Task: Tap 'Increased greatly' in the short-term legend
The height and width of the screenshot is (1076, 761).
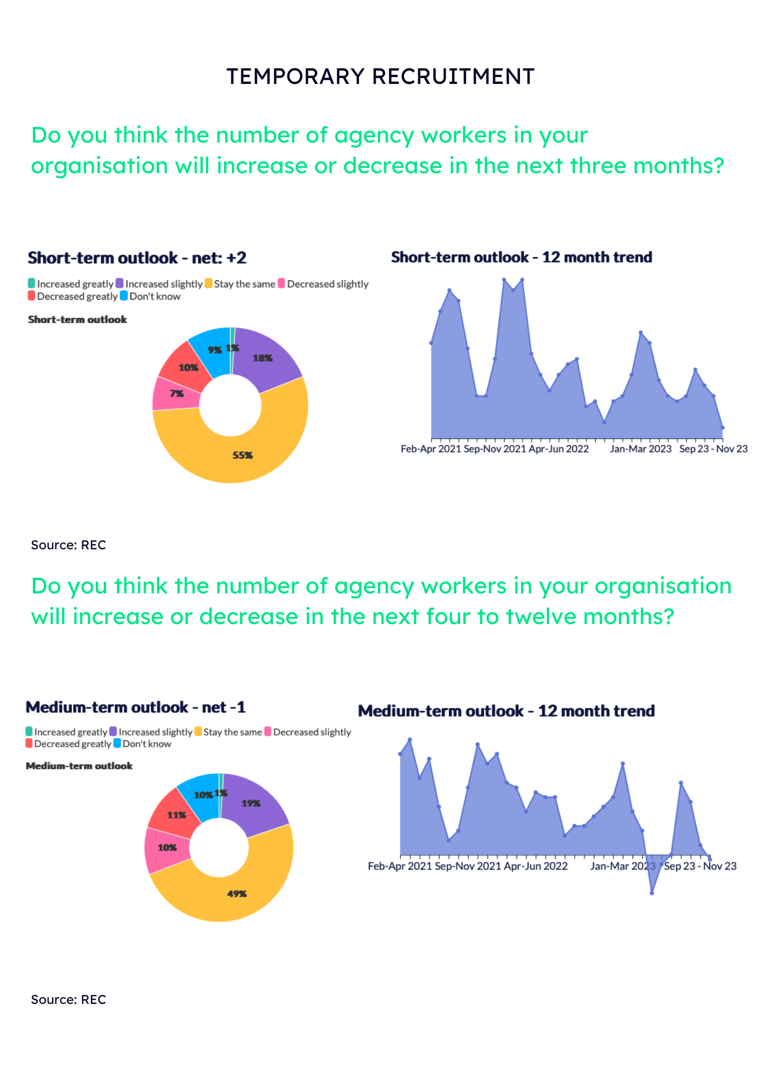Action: [x=75, y=284]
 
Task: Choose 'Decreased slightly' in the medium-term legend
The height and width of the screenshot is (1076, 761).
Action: [x=312, y=732]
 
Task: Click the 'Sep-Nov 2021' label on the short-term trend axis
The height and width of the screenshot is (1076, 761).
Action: [x=495, y=449]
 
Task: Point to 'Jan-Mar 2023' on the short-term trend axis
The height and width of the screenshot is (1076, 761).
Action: [x=640, y=449]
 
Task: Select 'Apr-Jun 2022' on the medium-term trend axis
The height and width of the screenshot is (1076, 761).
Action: [x=535, y=866]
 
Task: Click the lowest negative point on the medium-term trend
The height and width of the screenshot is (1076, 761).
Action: [x=652, y=893]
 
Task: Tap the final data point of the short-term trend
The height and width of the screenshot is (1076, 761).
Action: [x=723, y=428]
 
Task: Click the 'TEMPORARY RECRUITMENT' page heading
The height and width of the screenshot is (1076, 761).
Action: [x=380, y=76]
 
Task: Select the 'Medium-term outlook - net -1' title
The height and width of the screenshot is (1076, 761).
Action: [x=136, y=707]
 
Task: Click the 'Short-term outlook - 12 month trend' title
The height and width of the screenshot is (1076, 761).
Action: [x=522, y=257]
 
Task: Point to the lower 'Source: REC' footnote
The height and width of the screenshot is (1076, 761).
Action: [x=68, y=1000]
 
